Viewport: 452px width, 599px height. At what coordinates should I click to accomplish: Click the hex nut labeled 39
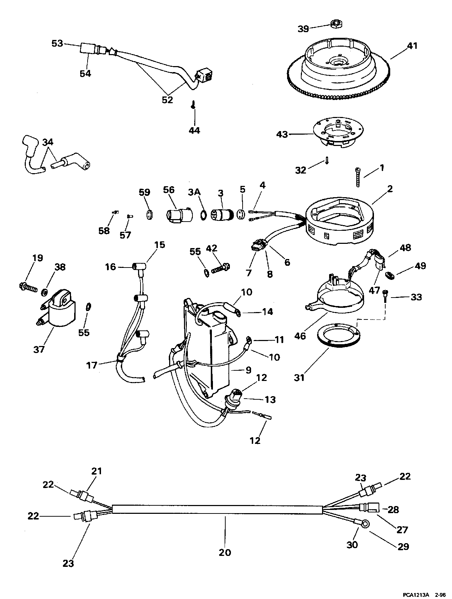tap(336, 24)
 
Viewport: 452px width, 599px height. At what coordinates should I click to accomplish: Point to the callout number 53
tap(57, 43)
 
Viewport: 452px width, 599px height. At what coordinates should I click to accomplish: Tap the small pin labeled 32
tap(327, 160)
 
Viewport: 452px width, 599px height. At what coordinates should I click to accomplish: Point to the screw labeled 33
tap(386, 295)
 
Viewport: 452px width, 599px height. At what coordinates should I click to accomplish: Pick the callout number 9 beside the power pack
tap(248, 370)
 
